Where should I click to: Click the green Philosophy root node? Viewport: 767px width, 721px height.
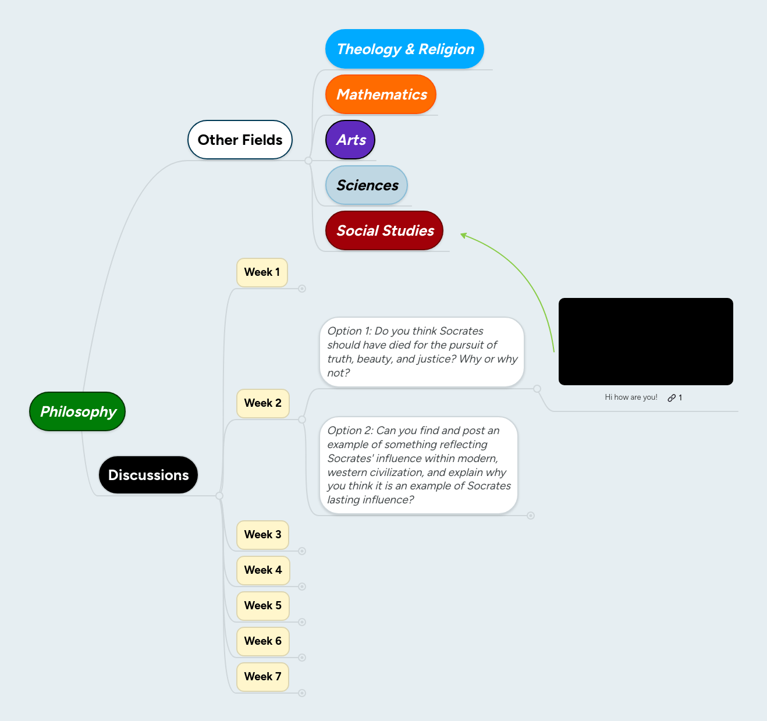tap(77, 411)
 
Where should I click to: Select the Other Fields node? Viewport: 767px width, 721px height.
tap(240, 140)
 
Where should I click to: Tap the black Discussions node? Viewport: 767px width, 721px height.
tap(148, 475)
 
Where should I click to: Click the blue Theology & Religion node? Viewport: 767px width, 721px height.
tap(405, 49)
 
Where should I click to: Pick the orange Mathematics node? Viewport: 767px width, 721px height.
tap(381, 94)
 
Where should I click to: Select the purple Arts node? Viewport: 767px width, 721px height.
tap(350, 140)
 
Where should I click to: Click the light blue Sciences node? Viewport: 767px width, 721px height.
tap(367, 185)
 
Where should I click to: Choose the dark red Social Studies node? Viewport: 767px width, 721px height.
tap(385, 230)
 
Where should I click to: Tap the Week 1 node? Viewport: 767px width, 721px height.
tap(262, 272)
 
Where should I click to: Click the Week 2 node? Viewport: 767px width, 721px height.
tap(262, 403)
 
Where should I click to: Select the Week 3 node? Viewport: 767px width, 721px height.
tap(262, 535)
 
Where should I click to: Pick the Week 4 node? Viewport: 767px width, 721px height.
tap(262, 570)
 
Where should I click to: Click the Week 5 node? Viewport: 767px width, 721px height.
tap(262, 606)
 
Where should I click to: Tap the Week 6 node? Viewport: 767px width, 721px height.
tap(262, 641)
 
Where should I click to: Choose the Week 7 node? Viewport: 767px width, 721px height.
tap(262, 677)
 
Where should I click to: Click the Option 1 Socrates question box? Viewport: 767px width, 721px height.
tap(422, 352)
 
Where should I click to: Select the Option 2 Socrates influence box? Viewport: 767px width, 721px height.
tap(418, 465)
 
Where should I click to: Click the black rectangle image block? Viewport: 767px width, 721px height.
tap(645, 342)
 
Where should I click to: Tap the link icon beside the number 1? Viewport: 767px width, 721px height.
tap(672, 398)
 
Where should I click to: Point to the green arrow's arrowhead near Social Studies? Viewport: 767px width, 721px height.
tap(463, 235)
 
